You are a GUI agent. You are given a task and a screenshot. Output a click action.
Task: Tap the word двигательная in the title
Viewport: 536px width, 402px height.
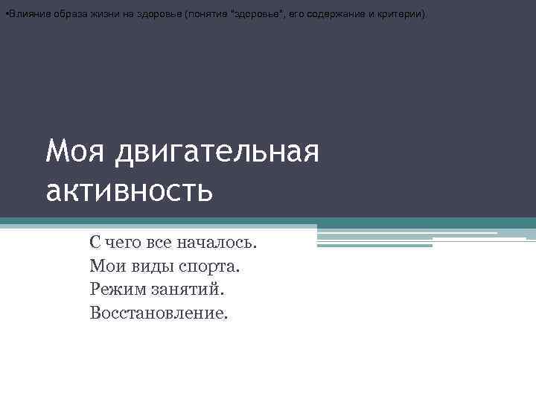tap(218, 154)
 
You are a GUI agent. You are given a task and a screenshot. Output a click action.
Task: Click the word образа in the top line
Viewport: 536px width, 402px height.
tap(64, 14)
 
